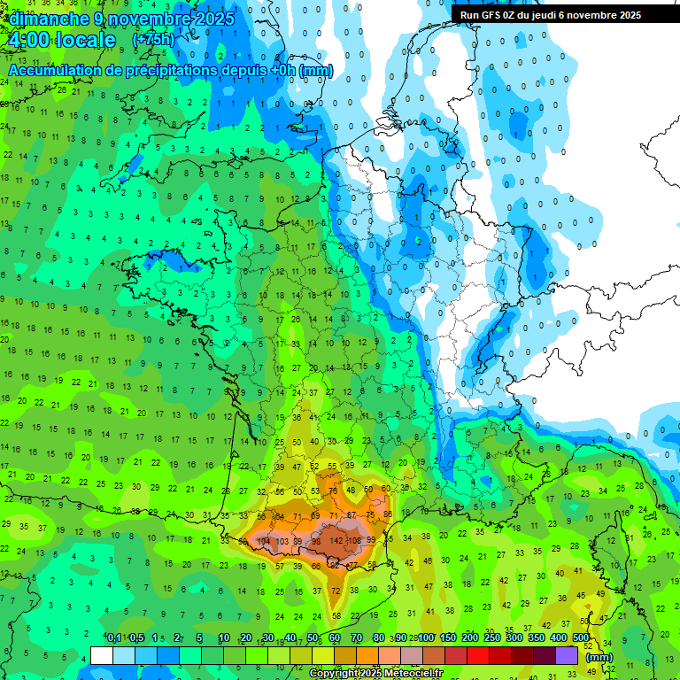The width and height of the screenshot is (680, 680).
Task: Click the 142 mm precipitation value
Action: [336, 541]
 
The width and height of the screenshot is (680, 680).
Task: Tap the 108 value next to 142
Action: [355, 541]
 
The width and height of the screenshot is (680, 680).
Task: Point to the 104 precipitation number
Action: [263, 541]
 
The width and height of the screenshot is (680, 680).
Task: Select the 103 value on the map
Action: [282, 541]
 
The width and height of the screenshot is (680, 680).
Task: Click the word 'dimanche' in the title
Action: [49, 19]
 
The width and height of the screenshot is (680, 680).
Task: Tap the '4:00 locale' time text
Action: [62, 41]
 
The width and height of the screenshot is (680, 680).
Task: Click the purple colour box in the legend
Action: [567, 655]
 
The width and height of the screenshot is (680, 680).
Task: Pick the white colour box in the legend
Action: [102, 655]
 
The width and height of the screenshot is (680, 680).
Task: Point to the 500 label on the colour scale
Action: [581, 638]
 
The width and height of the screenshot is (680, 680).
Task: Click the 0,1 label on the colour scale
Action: [114, 638]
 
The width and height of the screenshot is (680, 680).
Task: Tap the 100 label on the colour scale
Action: [426, 638]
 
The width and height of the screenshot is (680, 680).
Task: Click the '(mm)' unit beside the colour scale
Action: [599, 657]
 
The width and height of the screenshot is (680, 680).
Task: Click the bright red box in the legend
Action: [478, 655]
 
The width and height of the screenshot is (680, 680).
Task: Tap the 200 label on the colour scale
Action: [470, 638]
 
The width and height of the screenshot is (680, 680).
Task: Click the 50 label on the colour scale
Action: [313, 638]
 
